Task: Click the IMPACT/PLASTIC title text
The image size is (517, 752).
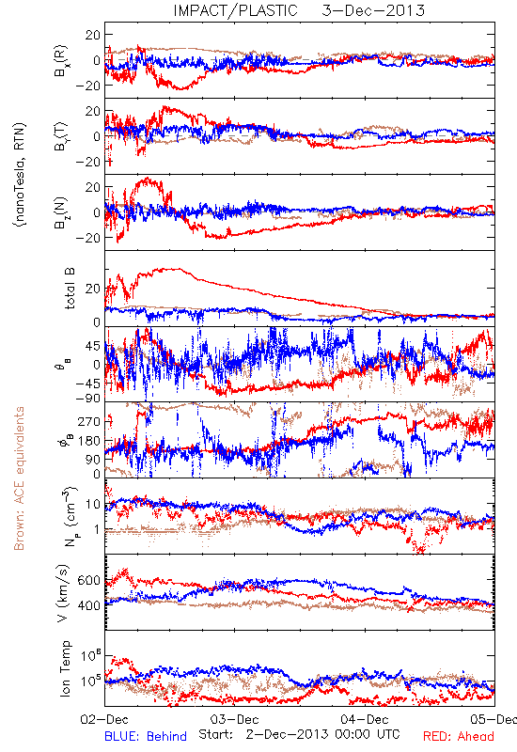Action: (236, 10)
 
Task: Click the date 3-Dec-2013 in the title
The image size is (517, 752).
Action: (373, 10)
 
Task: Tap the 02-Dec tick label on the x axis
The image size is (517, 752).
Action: (104, 720)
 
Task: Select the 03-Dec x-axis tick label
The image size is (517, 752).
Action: (234, 720)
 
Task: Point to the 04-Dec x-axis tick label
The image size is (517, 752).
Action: (365, 720)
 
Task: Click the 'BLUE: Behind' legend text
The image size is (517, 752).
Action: (146, 736)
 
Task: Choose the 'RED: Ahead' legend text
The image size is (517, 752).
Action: (459, 736)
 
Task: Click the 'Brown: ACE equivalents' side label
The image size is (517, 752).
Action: (19, 478)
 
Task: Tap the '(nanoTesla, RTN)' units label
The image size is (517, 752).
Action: (20, 175)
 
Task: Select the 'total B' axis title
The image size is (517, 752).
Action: (69, 289)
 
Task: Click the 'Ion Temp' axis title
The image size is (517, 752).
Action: (65, 668)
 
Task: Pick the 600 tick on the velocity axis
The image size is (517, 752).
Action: (89, 580)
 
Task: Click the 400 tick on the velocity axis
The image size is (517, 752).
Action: (89, 605)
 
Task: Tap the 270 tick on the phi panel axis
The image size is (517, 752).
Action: (89, 421)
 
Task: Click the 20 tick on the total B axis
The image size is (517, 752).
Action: (93, 289)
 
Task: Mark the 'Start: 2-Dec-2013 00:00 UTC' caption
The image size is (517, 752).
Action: (299, 734)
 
